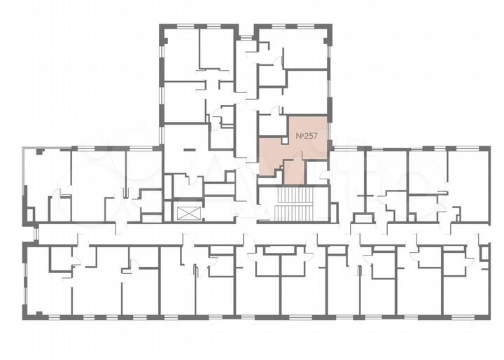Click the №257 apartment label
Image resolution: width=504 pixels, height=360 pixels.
pyautogui.click(x=309, y=135)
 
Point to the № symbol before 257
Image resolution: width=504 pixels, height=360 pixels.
pyautogui.click(x=300, y=135)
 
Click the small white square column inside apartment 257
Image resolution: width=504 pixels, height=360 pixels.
pyautogui.click(x=284, y=141)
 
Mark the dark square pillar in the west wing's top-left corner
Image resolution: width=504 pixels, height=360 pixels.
pyautogui.click(x=41, y=151)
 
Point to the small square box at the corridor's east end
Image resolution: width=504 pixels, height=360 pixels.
pyautogui.click(x=486, y=253)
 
